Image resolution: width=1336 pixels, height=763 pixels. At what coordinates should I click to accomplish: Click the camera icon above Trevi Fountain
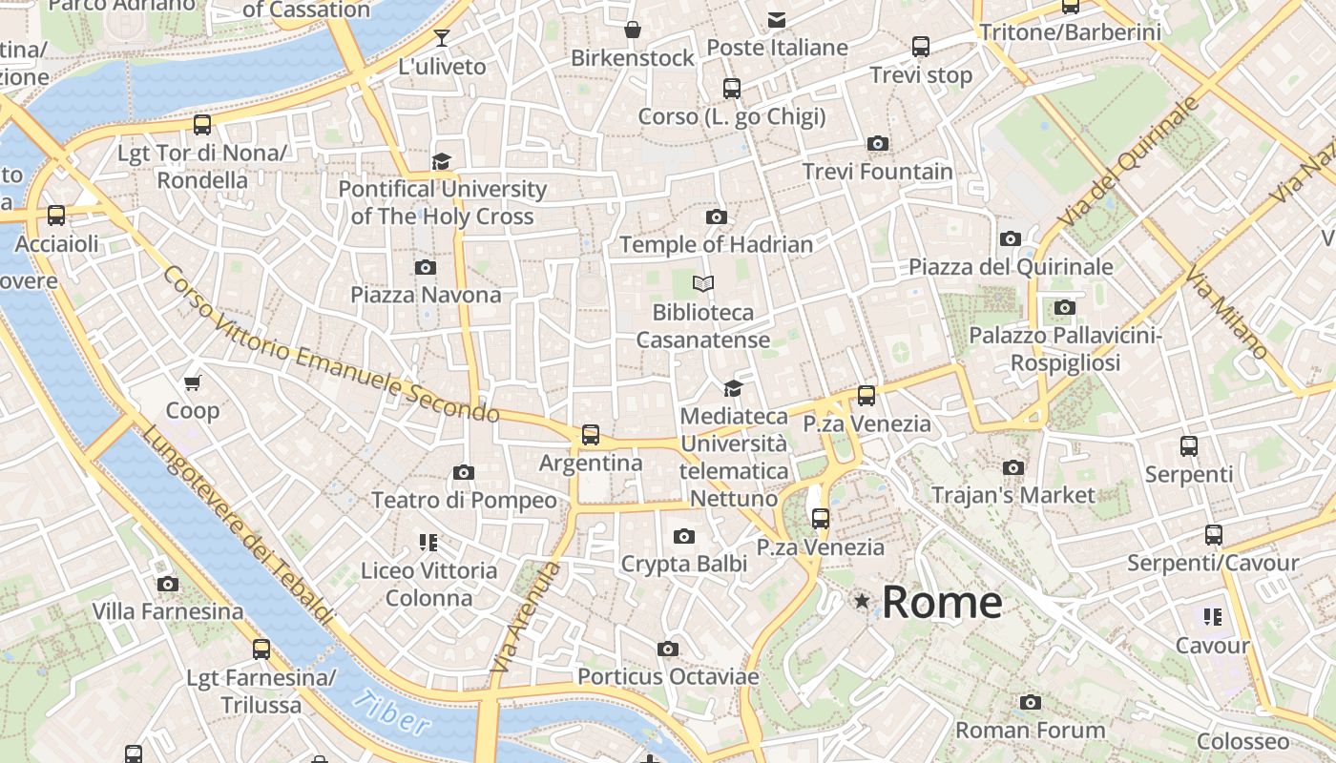(878, 144)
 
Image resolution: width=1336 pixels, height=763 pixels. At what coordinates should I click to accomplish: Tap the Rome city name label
(942, 602)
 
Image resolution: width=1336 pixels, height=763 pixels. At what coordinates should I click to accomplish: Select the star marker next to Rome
(863, 601)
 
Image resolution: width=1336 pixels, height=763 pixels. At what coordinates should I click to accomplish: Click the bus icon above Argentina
(591, 435)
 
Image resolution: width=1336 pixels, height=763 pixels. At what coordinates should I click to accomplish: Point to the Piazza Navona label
(426, 295)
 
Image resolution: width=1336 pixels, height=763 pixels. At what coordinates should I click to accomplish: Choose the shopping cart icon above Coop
(193, 383)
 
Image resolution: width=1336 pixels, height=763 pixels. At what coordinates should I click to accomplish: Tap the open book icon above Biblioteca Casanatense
(703, 284)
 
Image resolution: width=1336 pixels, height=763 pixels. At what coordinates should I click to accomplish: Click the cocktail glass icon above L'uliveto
(441, 38)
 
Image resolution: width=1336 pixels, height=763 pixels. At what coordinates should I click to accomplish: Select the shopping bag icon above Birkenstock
(632, 31)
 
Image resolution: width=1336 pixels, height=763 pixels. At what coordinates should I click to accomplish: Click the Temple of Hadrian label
(717, 244)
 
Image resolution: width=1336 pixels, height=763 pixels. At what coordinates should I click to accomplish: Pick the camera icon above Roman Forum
(1030, 703)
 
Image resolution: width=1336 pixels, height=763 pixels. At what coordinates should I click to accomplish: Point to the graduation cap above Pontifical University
(441, 161)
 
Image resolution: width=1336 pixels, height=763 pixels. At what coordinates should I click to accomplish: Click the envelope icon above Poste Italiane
(777, 19)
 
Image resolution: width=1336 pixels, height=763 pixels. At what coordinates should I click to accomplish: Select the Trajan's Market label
(1012, 495)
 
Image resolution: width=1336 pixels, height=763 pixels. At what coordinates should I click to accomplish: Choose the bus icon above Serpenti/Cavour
(1213, 535)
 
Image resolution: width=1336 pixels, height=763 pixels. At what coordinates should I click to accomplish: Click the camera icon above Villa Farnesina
(168, 584)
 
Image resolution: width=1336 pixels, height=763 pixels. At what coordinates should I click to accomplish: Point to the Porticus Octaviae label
(668, 677)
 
